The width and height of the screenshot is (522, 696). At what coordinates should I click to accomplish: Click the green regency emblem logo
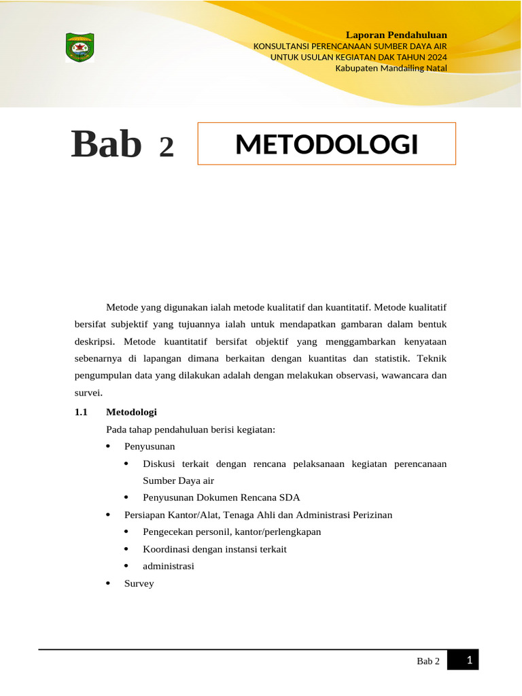click(80, 48)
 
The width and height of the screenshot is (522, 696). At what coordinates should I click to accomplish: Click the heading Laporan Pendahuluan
click(396, 35)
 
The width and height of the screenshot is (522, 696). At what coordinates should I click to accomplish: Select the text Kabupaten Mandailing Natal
click(391, 67)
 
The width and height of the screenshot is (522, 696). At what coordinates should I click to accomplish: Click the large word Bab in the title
click(107, 144)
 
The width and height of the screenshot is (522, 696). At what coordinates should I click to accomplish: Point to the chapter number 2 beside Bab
click(167, 147)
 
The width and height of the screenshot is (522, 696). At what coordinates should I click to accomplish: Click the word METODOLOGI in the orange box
click(326, 144)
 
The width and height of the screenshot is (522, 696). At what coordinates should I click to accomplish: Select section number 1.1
click(82, 412)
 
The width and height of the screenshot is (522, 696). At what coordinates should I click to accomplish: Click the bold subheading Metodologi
click(131, 412)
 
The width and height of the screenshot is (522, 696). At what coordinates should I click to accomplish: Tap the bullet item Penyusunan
click(150, 447)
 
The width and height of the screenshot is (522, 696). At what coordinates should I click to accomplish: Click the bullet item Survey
click(139, 583)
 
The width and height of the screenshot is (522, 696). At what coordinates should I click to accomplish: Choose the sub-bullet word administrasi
click(169, 565)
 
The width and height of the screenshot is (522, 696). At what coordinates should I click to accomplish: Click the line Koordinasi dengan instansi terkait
click(215, 549)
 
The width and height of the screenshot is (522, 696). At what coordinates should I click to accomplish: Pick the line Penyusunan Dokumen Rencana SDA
click(222, 498)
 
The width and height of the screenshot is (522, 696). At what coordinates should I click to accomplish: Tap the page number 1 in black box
click(469, 659)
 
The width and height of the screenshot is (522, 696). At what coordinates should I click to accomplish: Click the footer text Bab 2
click(428, 661)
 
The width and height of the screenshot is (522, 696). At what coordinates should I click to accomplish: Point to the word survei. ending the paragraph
click(88, 393)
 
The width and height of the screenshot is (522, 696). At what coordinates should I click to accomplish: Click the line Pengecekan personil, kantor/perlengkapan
click(232, 532)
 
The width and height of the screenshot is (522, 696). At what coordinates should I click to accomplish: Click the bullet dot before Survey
click(109, 584)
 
